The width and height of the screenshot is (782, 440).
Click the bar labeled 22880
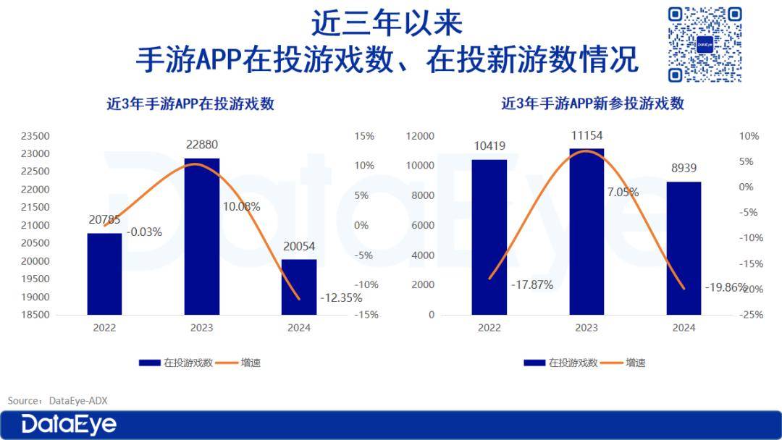point(202,236)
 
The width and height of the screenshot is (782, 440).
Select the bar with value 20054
point(299,287)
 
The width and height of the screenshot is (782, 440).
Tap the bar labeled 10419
point(489,237)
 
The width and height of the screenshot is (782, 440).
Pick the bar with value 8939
point(684,247)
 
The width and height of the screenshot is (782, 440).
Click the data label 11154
point(586,135)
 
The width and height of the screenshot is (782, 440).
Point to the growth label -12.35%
point(341,297)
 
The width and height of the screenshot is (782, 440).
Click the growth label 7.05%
point(623,192)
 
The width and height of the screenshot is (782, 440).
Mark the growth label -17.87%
point(531,284)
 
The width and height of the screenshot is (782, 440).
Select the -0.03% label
point(144,232)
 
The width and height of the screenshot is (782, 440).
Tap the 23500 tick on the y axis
point(34,136)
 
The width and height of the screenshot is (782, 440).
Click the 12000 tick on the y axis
point(420,136)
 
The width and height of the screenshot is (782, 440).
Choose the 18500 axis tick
point(34,315)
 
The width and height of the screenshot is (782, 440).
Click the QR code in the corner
point(705,44)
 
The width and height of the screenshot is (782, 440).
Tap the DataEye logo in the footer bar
point(69,424)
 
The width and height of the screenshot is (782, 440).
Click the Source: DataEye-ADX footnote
point(57,400)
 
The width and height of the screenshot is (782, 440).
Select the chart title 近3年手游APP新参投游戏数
point(592,103)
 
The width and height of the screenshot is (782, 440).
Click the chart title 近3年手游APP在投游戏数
point(190,103)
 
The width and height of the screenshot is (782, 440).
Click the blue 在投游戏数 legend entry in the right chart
point(561,363)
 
